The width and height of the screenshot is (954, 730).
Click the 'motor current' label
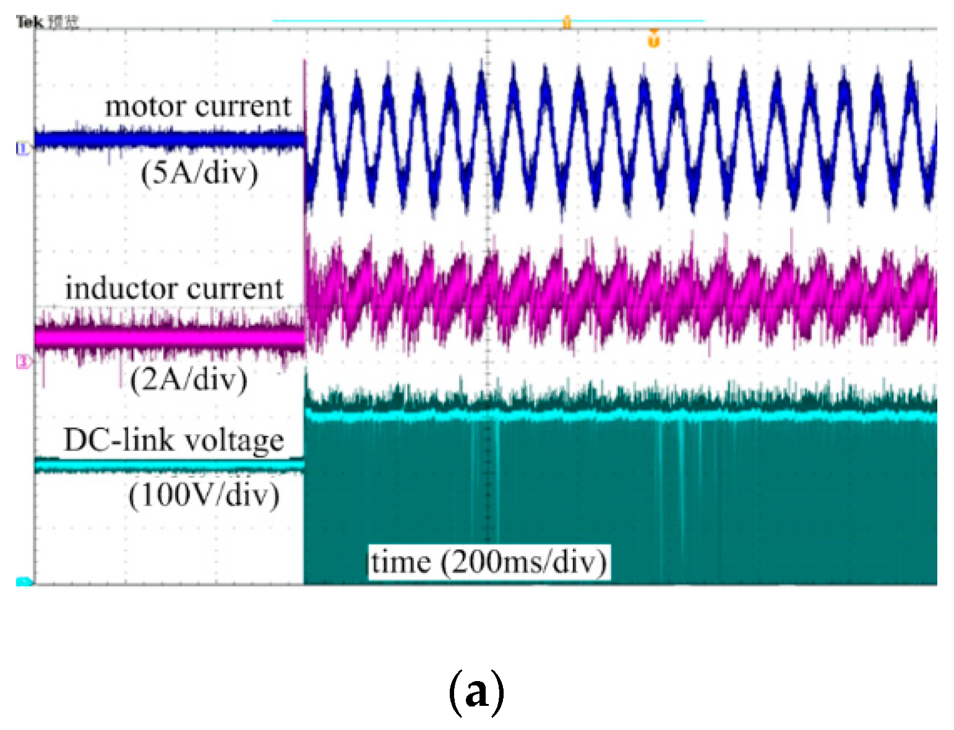pyautogui.click(x=198, y=106)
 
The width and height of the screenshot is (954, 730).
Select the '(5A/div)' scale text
pyautogui.click(x=199, y=173)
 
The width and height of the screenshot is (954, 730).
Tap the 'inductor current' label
pyautogui.click(x=174, y=289)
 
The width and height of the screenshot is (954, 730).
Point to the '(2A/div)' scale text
pyautogui.click(x=189, y=379)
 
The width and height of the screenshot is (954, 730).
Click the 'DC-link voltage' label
pyautogui.click(x=174, y=440)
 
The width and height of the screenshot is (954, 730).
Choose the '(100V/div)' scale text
pyautogui.click(x=204, y=495)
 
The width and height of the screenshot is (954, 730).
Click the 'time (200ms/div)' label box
pyautogui.click(x=489, y=562)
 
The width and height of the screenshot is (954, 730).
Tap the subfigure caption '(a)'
pyautogui.click(x=476, y=692)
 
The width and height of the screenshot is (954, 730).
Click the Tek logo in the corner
pyautogui.click(x=28, y=23)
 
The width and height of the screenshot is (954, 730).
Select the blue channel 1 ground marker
pyautogui.click(x=23, y=148)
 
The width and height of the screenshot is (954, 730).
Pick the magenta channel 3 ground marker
pyautogui.click(x=23, y=362)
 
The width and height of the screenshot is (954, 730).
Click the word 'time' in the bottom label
pyautogui.click(x=401, y=562)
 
